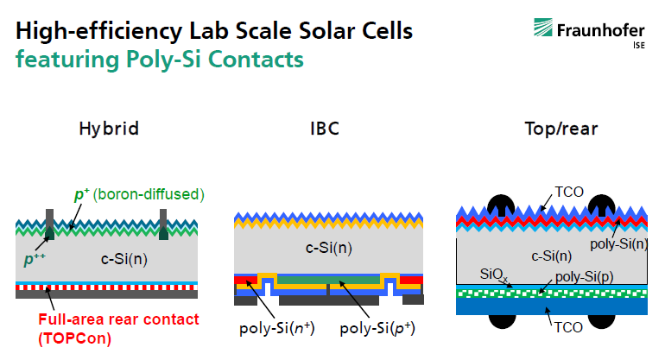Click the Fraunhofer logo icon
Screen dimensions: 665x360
(x=543, y=27)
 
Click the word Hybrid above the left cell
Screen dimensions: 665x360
(x=109, y=129)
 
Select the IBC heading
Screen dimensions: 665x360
(x=325, y=129)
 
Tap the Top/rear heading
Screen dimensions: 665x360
(x=561, y=129)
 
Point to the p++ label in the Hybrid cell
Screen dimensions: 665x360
(x=35, y=259)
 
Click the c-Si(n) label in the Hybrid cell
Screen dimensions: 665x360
(x=124, y=259)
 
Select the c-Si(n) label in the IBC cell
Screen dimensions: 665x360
(x=329, y=248)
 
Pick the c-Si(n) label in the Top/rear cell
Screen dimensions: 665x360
(x=551, y=256)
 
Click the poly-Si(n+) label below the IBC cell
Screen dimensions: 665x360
(x=277, y=328)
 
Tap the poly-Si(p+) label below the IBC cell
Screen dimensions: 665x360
(x=377, y=328)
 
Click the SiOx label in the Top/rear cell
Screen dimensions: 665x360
(x=494, y=275)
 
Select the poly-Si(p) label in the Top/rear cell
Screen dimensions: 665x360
(x=585, y=277)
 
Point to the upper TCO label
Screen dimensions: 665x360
(x=569, y=192)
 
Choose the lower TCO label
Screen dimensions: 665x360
(x=568, y=327)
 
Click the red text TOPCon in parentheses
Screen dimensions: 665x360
(x=74, y=338)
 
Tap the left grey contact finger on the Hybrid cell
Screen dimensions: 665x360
(x=49, y=224)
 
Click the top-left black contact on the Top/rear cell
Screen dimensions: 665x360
(x=501, y=205)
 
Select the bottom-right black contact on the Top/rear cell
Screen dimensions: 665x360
(x=601, y=321)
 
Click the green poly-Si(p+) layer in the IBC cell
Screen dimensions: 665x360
(x=328, y=280)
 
